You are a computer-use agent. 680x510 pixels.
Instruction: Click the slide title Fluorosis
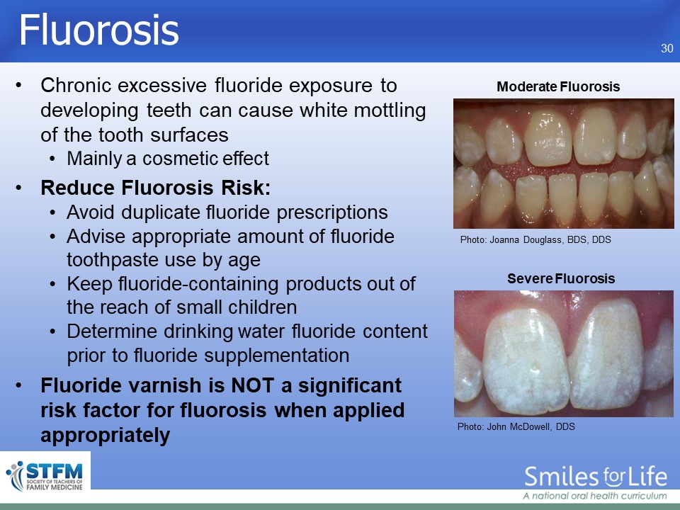click(99, 30)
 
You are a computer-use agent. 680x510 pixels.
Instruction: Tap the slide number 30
click(667, 48)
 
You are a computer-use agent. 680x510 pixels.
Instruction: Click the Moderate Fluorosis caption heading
click(558, 86)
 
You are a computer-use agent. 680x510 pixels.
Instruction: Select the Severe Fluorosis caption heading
click(561, 278)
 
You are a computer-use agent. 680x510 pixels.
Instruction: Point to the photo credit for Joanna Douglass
click(535, 240)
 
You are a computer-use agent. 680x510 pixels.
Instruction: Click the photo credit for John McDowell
click(516, 426)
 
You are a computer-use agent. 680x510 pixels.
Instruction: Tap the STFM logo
click(45, 477)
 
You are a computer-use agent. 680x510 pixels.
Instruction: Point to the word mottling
click(390, 110)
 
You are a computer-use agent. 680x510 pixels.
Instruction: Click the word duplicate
click(161, 213)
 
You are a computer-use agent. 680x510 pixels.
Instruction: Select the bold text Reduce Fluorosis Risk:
click(156, 188)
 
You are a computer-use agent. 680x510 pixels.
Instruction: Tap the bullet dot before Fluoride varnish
click(18, 385)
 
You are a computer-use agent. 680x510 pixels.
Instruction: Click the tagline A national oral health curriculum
click(595, 496)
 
